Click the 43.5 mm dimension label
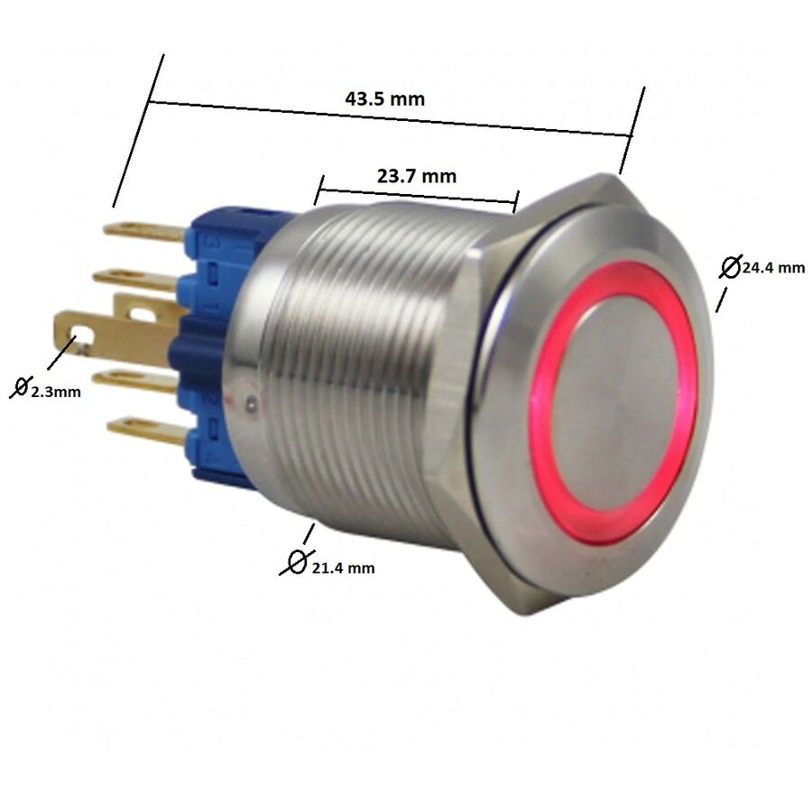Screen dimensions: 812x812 tap(384, 98)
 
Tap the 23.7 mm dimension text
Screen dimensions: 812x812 tap(417, 176)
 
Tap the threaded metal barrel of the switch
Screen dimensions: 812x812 tap(361, 361)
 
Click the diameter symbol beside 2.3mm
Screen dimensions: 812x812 tap(20, 388)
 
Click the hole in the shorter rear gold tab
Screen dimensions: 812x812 tap(143, 315)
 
